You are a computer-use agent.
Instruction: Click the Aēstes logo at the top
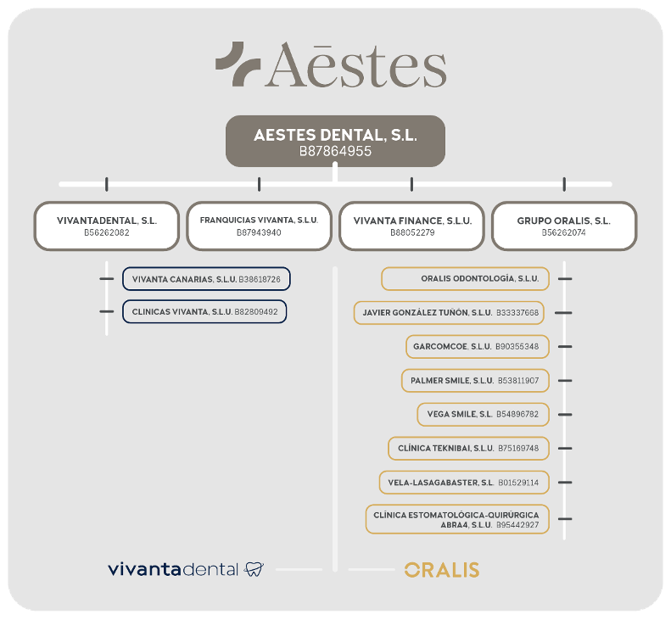point(331,64)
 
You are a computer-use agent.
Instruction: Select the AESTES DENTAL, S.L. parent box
point(335,141)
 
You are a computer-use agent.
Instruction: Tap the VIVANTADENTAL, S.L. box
point(107,226)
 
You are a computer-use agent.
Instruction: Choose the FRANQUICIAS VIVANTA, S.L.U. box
point(259,226)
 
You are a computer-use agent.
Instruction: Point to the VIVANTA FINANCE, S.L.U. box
point(411,226)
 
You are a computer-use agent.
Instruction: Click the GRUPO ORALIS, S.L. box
point(564,226)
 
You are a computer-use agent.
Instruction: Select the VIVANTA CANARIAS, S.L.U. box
point(206,279)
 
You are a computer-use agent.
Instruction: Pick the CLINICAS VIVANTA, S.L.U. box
point(204,311)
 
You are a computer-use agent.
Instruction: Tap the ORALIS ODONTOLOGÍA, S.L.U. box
point(465,278)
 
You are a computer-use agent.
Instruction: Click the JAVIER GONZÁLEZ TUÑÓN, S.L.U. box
point(449,313)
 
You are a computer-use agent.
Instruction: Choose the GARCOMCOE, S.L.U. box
point(478,347)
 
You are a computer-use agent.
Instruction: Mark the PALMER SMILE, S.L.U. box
point(475,380)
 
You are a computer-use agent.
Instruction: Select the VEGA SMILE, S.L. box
point(484,414)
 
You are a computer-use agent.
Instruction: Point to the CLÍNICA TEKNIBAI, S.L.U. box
point(468,449)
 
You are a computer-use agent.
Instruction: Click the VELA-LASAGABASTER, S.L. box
point(464,483)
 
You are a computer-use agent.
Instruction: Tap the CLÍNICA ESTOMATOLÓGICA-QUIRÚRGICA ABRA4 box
point(457,519)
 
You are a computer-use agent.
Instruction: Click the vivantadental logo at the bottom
point(186,569)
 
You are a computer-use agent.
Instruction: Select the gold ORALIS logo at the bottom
point(442,570)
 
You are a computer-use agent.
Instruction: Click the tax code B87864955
point(335,152)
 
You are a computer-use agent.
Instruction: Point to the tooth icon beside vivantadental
point(254,569)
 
